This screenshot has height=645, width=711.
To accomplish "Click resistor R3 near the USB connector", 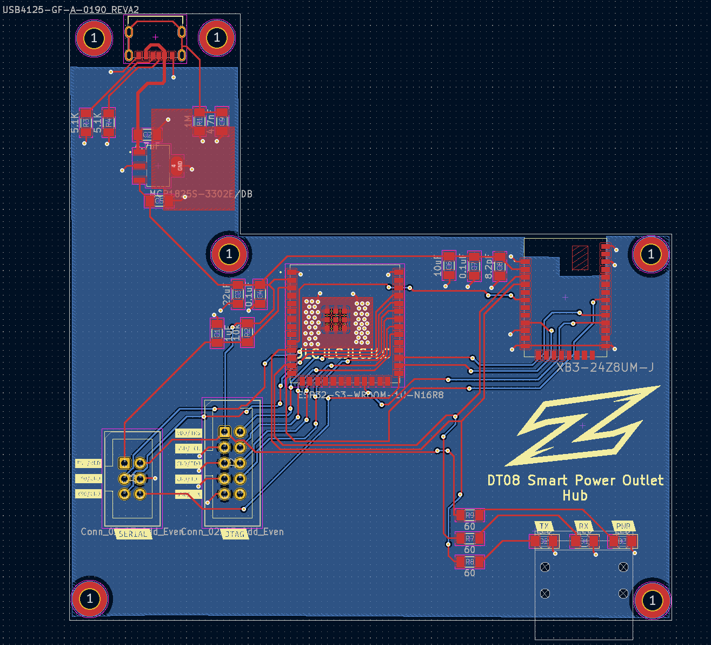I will pos(85,123).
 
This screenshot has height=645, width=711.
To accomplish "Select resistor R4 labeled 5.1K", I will pos(109,123).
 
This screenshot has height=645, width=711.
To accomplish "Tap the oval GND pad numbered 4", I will pos(177,166).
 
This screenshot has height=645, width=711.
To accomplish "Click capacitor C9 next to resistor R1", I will pos(221,121).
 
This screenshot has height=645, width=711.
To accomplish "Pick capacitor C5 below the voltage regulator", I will pos(159,201).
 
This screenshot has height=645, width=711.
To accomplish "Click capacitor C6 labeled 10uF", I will pos(449,265).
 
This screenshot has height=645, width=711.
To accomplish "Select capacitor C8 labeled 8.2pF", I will pos(499,266).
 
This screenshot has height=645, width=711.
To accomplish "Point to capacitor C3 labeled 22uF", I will pos(237,294).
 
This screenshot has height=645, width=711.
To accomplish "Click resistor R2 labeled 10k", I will pos(247,333).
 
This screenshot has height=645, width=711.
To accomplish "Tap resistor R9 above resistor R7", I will pos(469,515).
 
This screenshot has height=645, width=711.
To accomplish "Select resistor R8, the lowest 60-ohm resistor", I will pos(469,562).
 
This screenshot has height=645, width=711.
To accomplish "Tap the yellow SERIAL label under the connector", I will pos(132,534).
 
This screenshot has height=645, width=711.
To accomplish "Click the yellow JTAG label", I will pos(235,534).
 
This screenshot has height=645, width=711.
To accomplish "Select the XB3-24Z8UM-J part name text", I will pos(605,368).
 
